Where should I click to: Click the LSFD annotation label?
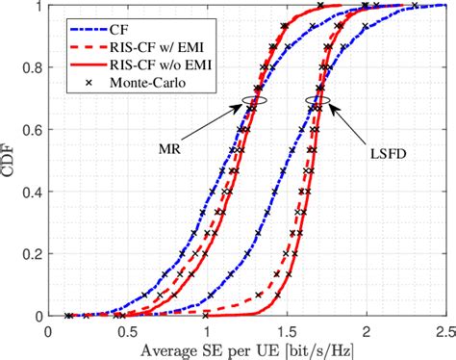click(x=383, y=150)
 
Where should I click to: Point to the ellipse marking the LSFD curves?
click(x=317, y=100)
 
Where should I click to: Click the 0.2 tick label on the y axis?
click(x=35, y=253)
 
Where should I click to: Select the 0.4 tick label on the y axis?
click(x=35, y=192)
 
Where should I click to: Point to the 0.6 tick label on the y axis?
click(x=35, y=129)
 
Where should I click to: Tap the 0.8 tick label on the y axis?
click(x=35, y=67)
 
